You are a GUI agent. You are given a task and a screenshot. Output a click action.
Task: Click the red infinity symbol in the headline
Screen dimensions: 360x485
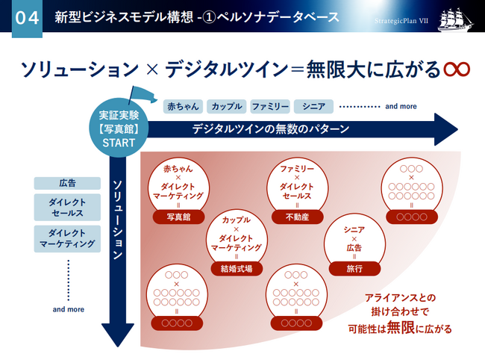click(456, 69)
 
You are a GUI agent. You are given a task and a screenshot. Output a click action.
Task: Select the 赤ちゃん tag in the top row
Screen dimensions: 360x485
click(181, 106)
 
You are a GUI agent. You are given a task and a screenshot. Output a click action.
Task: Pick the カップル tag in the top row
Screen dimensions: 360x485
click(225, 106)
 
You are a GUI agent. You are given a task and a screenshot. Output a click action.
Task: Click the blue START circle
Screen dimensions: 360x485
click(119, 128)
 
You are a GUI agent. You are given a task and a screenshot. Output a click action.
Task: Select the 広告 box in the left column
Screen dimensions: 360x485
click(67, 183)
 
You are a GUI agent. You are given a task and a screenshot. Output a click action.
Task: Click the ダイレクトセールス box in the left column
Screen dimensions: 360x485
click(67, 208)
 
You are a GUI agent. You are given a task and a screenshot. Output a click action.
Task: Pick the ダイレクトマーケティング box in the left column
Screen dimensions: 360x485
click(67, 238)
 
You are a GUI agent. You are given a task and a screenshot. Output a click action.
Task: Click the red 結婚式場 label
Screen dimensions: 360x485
click(237, 269)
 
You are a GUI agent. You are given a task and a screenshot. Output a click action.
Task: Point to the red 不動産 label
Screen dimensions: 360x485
click(296, 217)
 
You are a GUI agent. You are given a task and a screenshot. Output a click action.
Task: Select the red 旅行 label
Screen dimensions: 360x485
click(354, 268)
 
